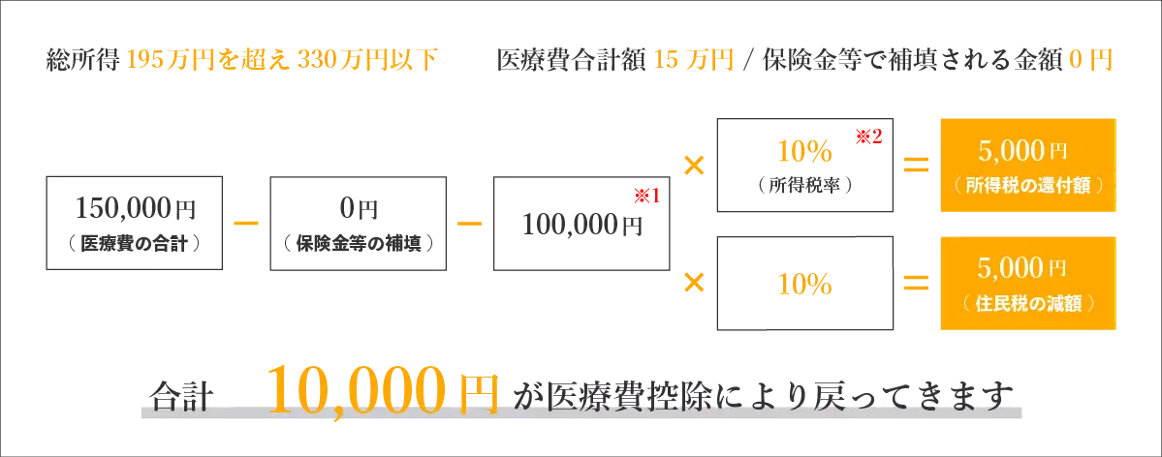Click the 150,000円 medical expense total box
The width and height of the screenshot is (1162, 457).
134,222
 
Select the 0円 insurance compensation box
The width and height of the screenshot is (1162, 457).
358,222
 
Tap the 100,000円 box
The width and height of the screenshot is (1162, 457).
581,222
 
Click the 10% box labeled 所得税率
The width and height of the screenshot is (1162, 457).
804,165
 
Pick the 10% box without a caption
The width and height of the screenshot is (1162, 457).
804,283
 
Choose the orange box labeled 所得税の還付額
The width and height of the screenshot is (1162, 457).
1028,165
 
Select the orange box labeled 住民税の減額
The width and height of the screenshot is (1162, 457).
1028,283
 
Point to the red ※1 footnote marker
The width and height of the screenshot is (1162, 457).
644,197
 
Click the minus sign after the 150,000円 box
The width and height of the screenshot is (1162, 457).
246,223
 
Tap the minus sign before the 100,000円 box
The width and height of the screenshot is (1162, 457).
470,223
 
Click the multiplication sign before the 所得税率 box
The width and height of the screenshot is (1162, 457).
694,166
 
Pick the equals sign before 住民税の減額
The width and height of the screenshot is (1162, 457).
917,284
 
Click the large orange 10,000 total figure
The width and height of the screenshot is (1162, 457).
357,390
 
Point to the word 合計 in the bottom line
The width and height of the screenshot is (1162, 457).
181,397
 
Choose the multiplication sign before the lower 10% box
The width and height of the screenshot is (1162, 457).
694,284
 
